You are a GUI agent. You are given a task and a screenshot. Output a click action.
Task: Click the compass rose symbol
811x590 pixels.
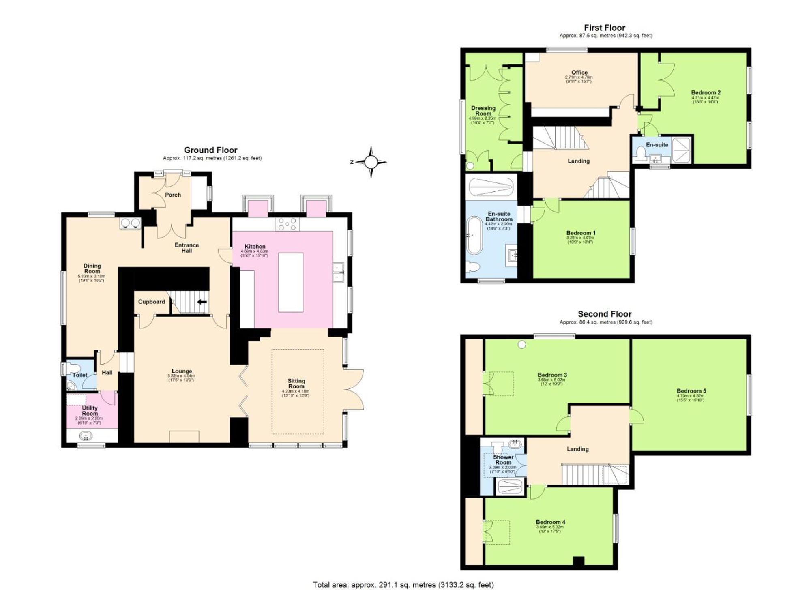(x=371, y=162)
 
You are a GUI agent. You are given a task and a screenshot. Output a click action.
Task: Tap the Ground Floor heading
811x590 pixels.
(x=210, y=150)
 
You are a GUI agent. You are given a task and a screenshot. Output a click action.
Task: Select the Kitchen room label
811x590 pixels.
(x=255, y=246)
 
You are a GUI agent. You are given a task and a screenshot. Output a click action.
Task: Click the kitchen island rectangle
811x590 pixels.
(x=291, y=282)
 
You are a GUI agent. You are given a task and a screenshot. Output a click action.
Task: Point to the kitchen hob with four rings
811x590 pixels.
(x=287, y=224)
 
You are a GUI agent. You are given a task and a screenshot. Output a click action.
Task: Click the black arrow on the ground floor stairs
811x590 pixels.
(x=202, y=302)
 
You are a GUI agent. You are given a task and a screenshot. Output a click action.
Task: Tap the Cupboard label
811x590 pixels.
(x=151, y=302)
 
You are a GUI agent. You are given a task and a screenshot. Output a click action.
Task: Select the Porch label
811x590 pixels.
(x=173, y=195)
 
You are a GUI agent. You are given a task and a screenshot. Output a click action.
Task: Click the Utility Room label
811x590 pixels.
(x=90, y=410)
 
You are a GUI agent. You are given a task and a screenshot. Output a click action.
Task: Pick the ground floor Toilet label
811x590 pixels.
(x=79, y=375)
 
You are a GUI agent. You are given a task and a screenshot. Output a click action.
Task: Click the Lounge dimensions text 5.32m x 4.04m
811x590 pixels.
(x=181, y=376)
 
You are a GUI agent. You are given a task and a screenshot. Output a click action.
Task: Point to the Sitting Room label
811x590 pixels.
(x=296, y=383)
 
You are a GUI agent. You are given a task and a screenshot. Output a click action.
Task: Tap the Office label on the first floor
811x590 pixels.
(x=579, y=72)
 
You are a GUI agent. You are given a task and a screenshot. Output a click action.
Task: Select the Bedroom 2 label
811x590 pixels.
(x=706, y=92)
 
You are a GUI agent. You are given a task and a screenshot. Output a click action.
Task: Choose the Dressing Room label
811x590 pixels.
(x=483, y=111)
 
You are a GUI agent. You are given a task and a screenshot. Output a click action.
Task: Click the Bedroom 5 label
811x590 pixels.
(x=691, y=391)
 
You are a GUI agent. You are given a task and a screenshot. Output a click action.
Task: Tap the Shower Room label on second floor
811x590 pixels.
(x=503, y=459)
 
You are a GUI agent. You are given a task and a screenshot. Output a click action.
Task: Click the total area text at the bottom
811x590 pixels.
(x=403, y=584)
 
